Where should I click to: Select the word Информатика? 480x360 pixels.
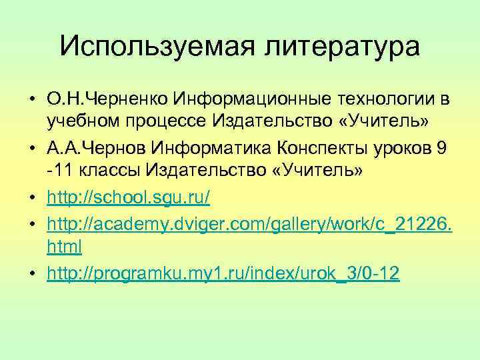point(214,147)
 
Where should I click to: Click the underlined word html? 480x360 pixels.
point(64,247)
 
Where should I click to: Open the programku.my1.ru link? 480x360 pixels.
point(223,274)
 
